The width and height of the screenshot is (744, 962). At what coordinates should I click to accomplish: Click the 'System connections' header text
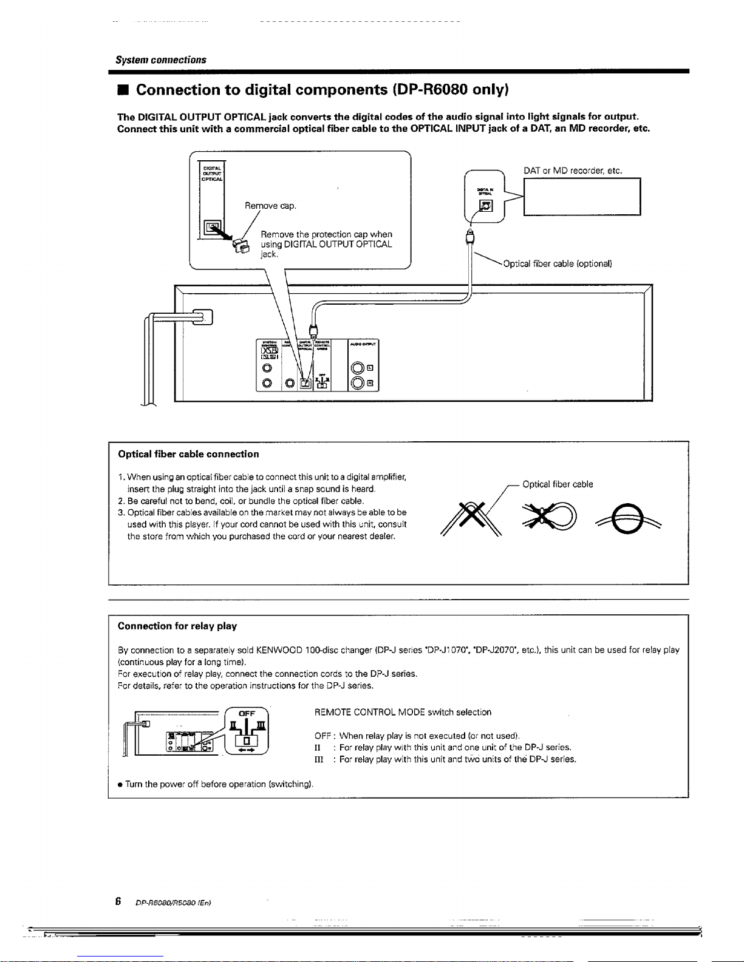[161, 60]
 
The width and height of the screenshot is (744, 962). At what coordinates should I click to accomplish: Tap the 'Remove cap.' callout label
[270, 206]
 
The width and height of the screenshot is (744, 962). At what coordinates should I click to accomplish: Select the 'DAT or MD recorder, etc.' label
[573, 171]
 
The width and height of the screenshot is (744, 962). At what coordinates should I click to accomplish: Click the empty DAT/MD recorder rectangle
[582, 197]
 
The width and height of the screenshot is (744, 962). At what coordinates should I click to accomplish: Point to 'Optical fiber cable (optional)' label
[557, 263]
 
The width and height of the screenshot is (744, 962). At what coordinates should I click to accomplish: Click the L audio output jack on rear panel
[358, 367]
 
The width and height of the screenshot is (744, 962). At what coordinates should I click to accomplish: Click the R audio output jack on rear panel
[358, 382]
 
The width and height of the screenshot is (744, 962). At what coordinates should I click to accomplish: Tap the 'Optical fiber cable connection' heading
[188, 454]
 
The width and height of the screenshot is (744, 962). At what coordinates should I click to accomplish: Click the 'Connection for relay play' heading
[177, 626]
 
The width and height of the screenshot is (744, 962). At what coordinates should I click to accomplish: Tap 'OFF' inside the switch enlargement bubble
[247, 714]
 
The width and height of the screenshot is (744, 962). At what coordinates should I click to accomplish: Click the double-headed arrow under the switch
[247, 750]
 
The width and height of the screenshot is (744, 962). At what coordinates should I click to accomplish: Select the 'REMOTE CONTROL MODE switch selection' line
[403, 712]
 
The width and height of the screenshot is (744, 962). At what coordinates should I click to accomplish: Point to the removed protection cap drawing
[241, 246]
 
